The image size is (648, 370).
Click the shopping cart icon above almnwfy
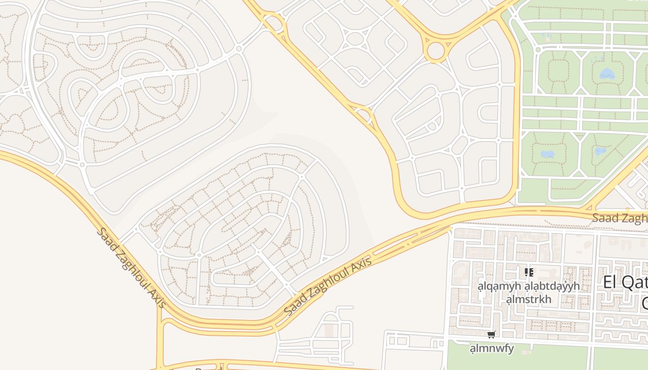tap(491, 334)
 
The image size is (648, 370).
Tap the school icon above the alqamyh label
tap(529, 272)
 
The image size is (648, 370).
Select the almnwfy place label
tap(492, 348)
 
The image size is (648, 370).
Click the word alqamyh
tap(499, 286)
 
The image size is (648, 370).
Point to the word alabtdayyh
tap(552, 286)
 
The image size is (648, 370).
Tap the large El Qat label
tap(625, 282)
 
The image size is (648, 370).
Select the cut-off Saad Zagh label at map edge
tap(620, 218)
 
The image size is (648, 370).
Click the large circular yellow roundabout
tap(435, 50)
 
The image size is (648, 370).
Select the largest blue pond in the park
tap(606, 74)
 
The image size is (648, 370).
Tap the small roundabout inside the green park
tap(538, 49)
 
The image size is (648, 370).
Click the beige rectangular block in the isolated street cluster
tap(329, 331)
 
